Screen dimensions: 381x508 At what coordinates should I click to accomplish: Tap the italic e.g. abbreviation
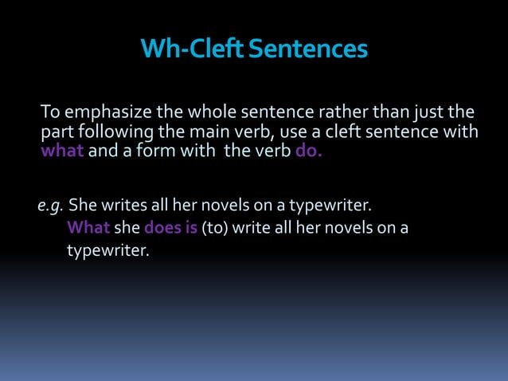coord(50,208)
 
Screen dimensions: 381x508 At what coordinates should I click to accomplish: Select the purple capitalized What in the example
coord(88,229)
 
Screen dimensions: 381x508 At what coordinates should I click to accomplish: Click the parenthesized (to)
coord(215,229)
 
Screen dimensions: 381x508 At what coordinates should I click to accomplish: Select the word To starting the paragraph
coord(52,111)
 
